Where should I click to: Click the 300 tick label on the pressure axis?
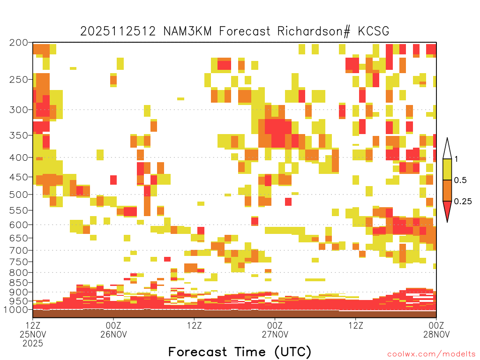click(18, 110)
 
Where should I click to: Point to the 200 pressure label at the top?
click(18, 43)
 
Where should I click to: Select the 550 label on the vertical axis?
click(18, 210)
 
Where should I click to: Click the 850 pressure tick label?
click(18, 283)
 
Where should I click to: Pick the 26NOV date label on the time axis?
click(113, 334)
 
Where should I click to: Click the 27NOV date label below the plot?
click(275, 334)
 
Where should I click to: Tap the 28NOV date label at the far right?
click(436, 334)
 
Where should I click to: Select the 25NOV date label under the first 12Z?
click(33, 334)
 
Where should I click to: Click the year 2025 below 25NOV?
click(33, 344)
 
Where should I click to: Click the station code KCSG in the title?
click(374, 31)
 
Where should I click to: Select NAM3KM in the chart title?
click(187, 31)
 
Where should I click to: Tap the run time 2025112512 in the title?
click(118, 31)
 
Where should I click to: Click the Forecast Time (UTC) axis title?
click(240, 352)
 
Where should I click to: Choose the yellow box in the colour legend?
click(447, 169)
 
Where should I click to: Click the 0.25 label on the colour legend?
click(463, 202)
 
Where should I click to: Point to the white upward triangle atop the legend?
click(447, 150)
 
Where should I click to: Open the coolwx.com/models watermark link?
click(431, 354)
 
